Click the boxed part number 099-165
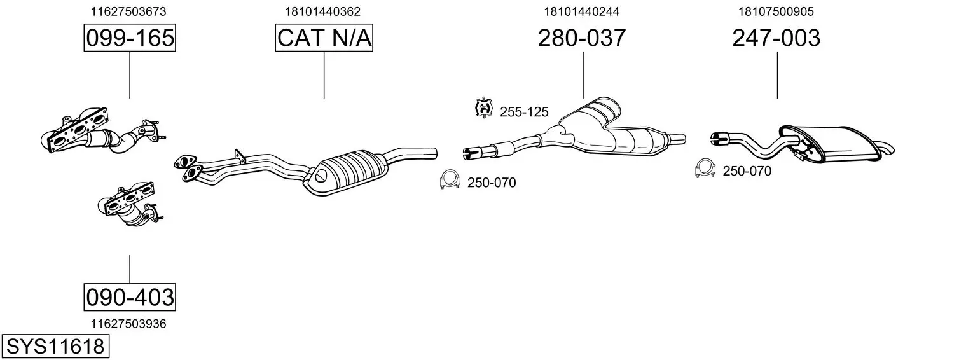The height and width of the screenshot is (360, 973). [x=130, y=38]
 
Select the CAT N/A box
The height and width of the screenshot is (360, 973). [x=324, y=38]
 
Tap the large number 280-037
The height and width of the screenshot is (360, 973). [x=582, y=38]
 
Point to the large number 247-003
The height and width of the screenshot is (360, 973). [x=776, y=38]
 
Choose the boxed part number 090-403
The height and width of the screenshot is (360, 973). [x=130, y=297]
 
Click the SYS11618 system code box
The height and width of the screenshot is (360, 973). [x=55, y=347]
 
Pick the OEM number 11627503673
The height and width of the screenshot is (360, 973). [x=128, y=11]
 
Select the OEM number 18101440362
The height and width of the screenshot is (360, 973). [x=322, y=11]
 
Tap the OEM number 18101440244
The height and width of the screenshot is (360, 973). [x=582, y=11]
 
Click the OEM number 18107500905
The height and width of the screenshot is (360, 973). [x=776, y=11]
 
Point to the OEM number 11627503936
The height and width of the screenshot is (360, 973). [x=128, y=324]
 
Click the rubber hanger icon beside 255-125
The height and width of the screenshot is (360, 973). [x=484, y=108]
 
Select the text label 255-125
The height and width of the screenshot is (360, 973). [x=524, y=112]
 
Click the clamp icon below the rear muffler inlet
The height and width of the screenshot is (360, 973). [x=705, y=169]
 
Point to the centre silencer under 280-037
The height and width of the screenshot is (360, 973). [x=617, y=130]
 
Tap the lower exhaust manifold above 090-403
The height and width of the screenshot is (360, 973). [x=130, y=205]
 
